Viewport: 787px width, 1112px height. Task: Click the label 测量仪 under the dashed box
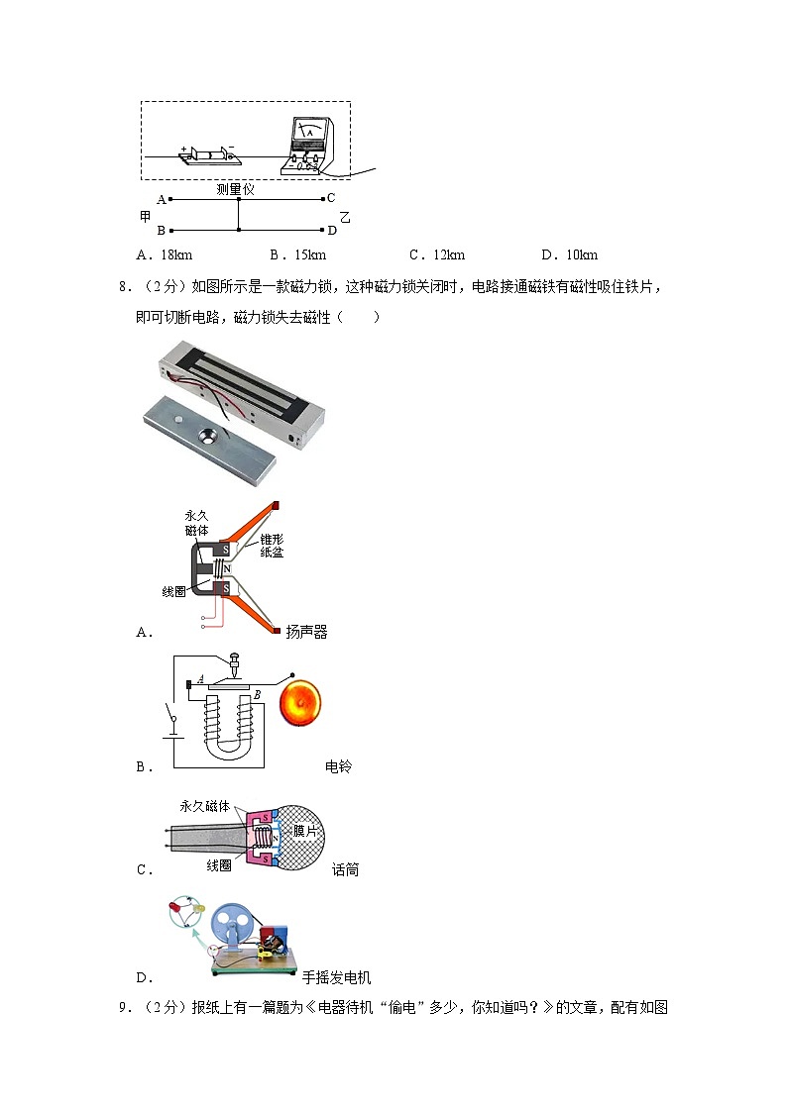coord(237,188)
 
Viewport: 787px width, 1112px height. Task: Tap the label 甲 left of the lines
coord(146,215)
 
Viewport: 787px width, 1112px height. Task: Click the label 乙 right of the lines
coord(345,216)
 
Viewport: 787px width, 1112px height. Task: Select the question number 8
coord(123,288)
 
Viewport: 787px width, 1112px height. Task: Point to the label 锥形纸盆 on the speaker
coord(271,546)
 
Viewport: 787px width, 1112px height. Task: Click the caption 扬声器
coord(306,632)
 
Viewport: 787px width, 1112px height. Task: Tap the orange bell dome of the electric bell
coord(302,703)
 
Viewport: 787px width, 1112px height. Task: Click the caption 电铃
coord(338,765)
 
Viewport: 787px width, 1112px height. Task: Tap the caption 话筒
coord(345,869)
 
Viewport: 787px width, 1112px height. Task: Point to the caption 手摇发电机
coord(336,977)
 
